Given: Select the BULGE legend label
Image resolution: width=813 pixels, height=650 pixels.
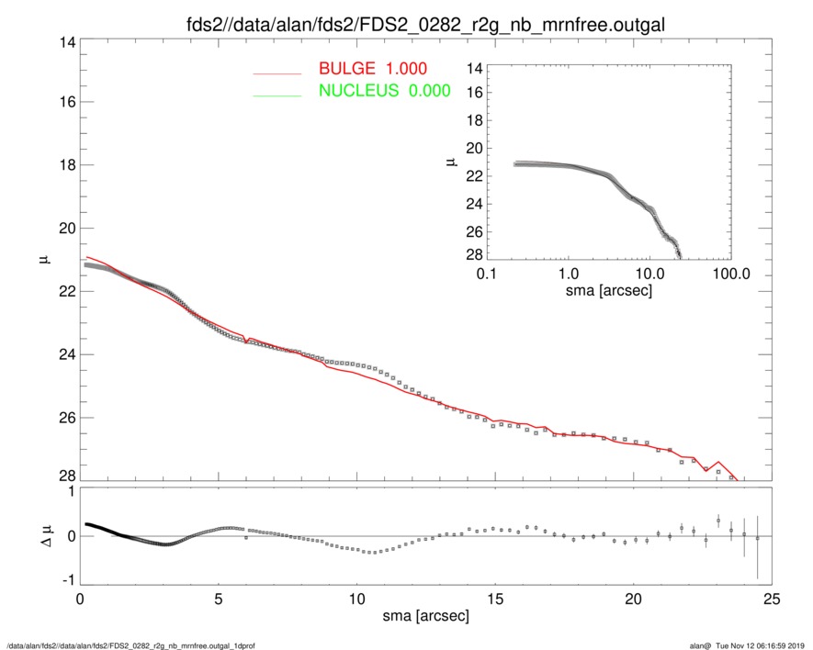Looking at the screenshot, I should click(372, 69).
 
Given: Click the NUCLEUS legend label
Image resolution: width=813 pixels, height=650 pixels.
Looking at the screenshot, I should click(384, 90).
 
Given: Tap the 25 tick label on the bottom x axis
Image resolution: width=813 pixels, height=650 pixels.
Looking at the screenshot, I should click(772, 598).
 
